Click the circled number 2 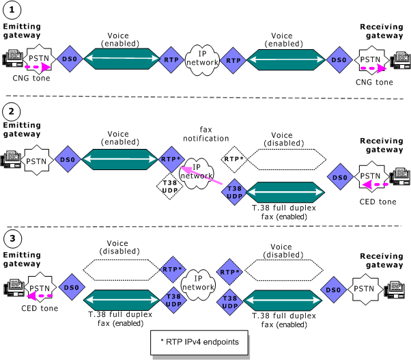(x=10, y=111)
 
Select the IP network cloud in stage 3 (x=202, y=281)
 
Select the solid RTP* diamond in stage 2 (x=170, y=159)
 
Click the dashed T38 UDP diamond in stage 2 (x=168, y=186)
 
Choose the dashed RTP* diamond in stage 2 (x=233, y=159)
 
